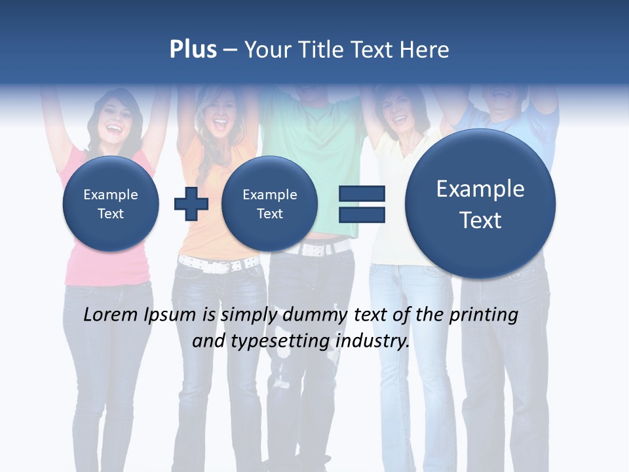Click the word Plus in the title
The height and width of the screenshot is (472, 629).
pyautogui.click(x=193, y=50)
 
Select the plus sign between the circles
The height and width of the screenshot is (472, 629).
pyautogui.click(x=191, y=203)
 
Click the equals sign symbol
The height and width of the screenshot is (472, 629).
pyautogui.click(x=361, y=203)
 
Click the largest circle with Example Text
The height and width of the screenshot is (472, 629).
pyautogui.click(x=480, y=204)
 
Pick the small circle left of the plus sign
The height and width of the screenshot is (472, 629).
pyautogui.click(x=111, y=204)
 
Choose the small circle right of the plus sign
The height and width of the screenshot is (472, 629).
pyautogui.click(x=269, y=204)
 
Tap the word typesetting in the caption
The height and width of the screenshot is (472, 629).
pyautogui.click(x=277, y=341)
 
